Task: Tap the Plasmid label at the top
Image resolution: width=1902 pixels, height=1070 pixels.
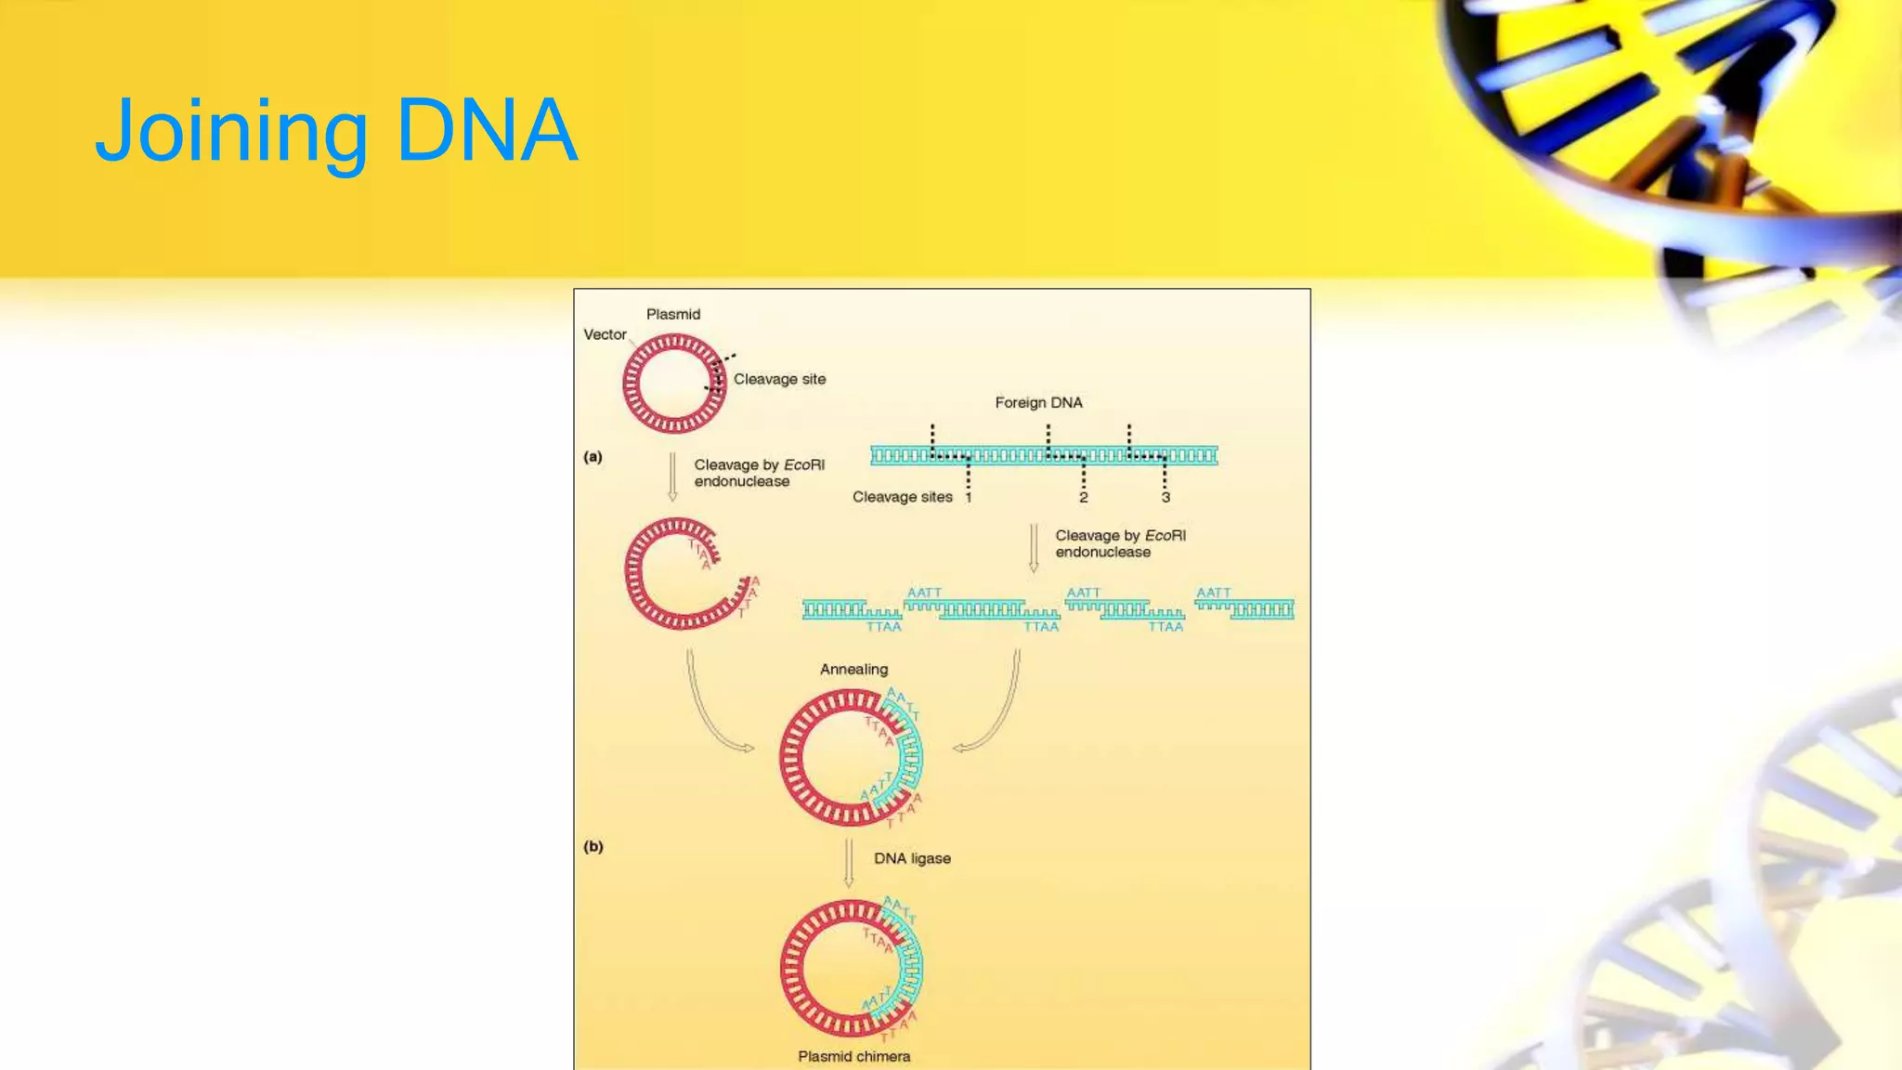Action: coord(673,315)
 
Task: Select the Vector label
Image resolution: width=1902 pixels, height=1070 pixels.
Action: coord(605,334)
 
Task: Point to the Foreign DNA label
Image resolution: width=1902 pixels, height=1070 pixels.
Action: coord(1038,402)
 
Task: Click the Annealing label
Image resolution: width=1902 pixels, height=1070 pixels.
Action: coord(853,670)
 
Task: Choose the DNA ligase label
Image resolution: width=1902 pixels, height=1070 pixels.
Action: coord(912,859)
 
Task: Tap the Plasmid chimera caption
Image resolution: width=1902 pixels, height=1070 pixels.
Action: coord(853,1056)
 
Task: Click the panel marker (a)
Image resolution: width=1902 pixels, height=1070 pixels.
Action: coord(593,457)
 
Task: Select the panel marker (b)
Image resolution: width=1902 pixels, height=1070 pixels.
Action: coord(593,847)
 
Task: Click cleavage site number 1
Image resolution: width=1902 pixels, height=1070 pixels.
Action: coord(968,498)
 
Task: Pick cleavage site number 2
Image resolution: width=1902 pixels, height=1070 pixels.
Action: coord(1083,498)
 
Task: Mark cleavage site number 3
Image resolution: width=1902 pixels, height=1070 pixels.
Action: coord(1166,498)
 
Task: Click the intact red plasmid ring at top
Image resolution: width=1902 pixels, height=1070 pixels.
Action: coord(674,384)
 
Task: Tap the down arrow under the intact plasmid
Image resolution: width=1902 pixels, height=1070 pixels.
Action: coord(672,476)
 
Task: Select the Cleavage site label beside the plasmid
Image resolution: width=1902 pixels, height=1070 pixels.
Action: coord(779,379)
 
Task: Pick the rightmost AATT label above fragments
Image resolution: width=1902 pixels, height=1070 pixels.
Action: coord(1213,593)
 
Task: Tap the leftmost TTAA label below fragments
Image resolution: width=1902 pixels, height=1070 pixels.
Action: coord(883,627)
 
